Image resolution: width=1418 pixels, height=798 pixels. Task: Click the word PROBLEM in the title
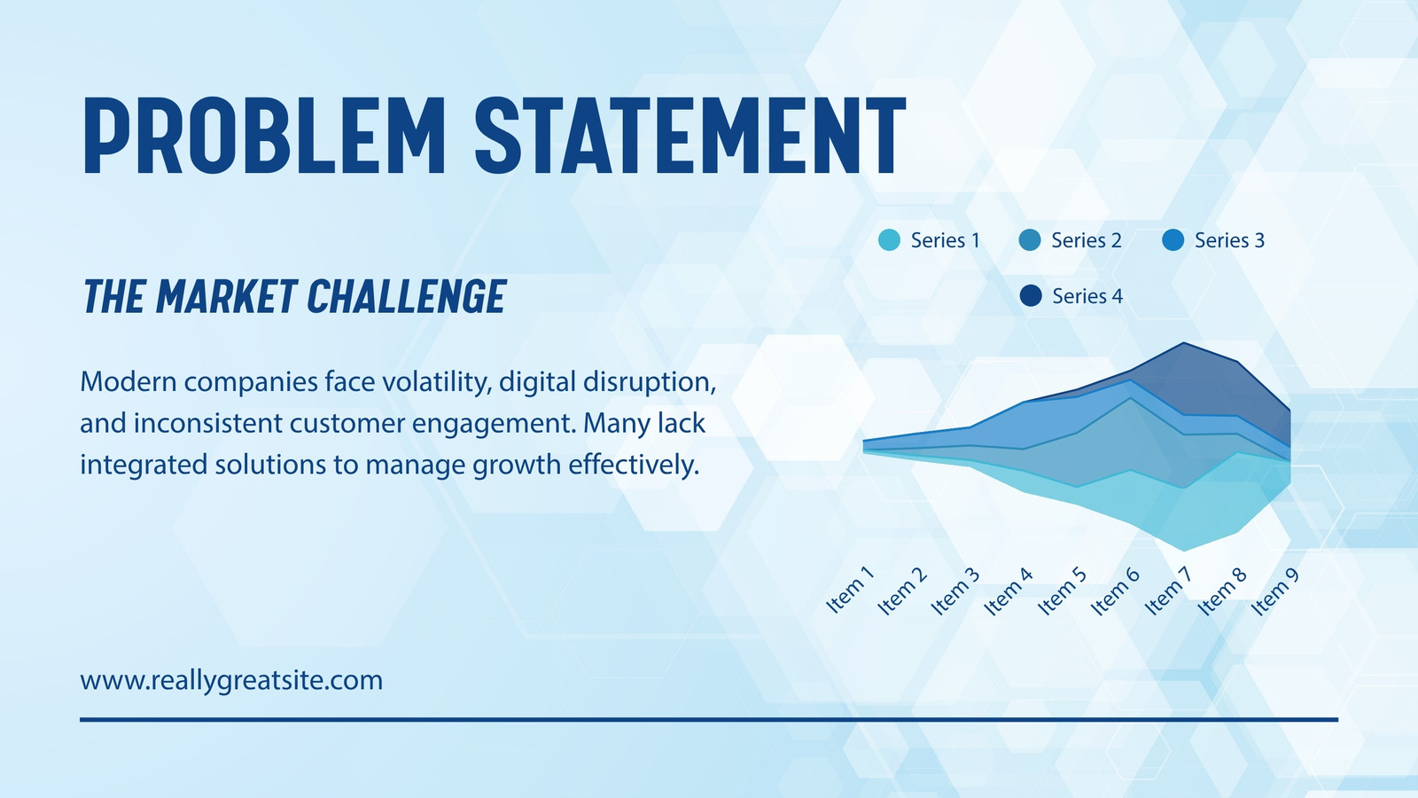(264, 135)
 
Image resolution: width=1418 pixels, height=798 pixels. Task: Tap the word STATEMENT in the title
(690, 135)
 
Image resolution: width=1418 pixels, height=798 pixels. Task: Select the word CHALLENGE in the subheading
(407, 296)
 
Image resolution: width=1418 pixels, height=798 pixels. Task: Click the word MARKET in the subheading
(226, 296)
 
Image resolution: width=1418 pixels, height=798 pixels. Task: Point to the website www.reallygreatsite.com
(231, 681)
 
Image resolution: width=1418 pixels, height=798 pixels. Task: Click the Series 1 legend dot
(890, 240)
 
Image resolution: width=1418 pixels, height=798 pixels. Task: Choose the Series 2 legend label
(1087, 240)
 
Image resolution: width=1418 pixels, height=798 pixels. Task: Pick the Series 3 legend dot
(1173, 240)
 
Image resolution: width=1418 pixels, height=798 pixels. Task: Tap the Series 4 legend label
(1087, 296)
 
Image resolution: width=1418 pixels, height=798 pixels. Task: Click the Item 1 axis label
(850, 590)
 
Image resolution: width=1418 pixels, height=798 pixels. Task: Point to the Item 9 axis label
(1275, 591)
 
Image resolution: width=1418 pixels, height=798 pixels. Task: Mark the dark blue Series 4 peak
(1184, 343)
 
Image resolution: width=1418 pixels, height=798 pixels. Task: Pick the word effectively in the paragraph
(633, 465)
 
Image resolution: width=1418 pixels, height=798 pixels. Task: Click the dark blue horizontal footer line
(709, 719)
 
